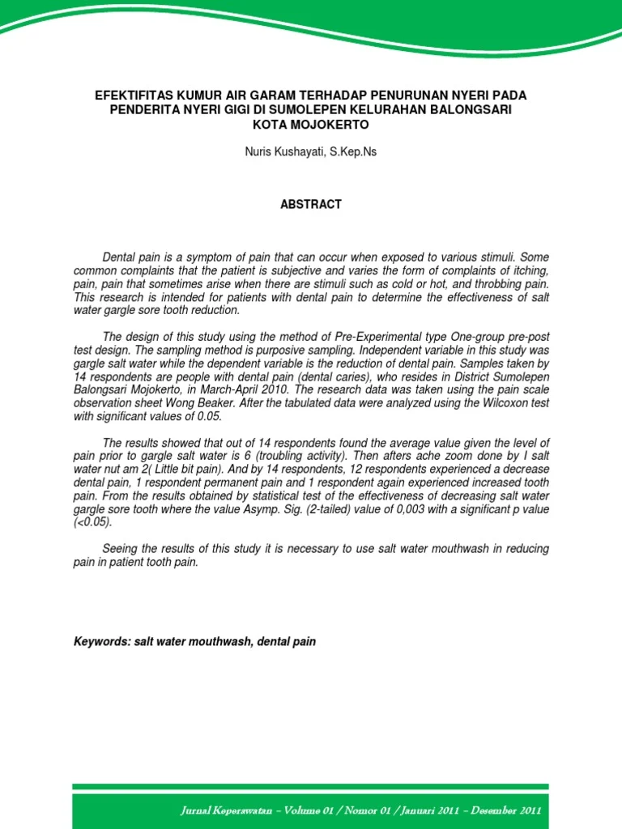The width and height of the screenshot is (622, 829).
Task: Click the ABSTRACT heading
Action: (x=311, y=205)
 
